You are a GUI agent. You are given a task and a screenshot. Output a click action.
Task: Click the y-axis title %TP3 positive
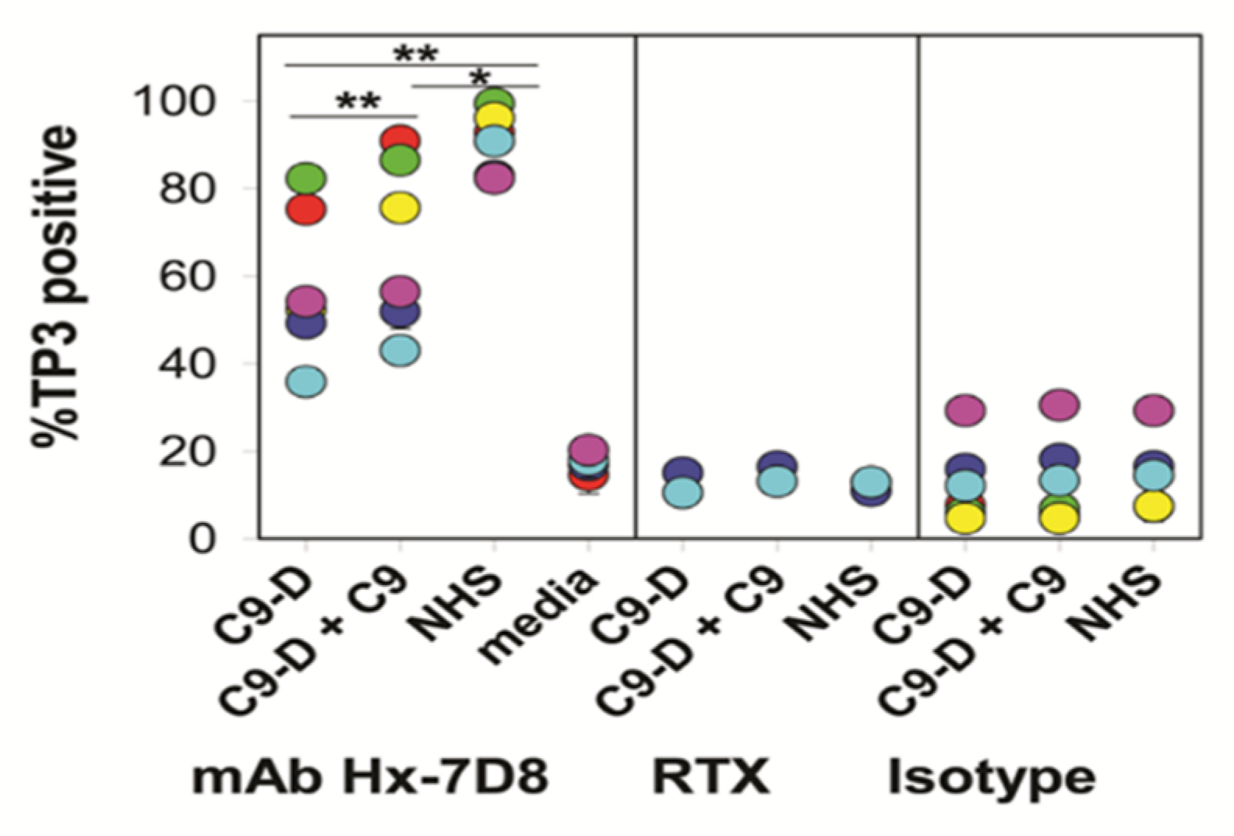(x=56, y=284)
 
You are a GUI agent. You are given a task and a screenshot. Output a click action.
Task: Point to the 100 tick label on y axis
(x=174, y=101)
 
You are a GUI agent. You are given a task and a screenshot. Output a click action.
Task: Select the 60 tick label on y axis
(x=186, y=277)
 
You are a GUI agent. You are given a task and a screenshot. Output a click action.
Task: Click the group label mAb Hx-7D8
(x=370, y=777)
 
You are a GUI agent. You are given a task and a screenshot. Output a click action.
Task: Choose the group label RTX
(x=710, y=777)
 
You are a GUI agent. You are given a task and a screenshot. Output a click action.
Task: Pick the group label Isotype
(x=992, y=777)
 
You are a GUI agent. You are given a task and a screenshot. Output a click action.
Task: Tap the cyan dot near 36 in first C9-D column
(x=306, y=382)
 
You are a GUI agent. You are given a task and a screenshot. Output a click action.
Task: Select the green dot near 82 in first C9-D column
(x=306, y=178)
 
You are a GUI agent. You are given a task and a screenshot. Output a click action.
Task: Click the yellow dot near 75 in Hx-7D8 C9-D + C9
(x=400, y=207)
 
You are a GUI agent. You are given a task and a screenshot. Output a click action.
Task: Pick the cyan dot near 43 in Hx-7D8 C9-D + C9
(x=400, y=351)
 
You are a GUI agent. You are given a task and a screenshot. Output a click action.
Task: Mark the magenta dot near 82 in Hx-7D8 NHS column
(x=495, y=178)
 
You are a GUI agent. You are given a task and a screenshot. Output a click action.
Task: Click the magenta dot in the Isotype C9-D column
(x=965, y=410)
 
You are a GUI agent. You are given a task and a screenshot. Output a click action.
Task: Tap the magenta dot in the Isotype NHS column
(x=1154, y=410)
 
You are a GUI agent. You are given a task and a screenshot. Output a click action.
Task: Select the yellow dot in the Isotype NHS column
(x=1154, y=506)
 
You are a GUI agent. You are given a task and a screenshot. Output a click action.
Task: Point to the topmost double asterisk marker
(x=415, y=55)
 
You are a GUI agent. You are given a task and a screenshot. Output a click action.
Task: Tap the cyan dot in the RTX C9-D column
(x=683, y=493)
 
